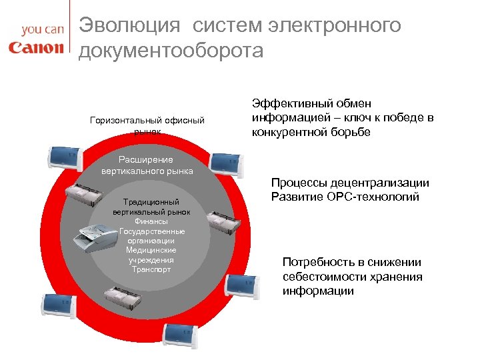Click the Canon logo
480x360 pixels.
click(x=36, y=47)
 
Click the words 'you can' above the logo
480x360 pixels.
click(x=42, y=30)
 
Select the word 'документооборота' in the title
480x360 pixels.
click(x=171, y=51)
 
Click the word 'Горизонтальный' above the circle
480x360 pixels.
click(x=117, y=120)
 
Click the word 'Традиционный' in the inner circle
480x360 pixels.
click(x=151, y=202)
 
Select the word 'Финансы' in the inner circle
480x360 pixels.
click(x=151, y=221)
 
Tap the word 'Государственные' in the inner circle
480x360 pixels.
click(x=151, y=231)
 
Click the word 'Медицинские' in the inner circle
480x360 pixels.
click(x=151, y=250)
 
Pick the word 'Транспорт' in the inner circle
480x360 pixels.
click(x=151, y=269)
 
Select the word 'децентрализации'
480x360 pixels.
click(x=390, y=183)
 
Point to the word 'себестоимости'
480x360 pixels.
click(x=323, y=277)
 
